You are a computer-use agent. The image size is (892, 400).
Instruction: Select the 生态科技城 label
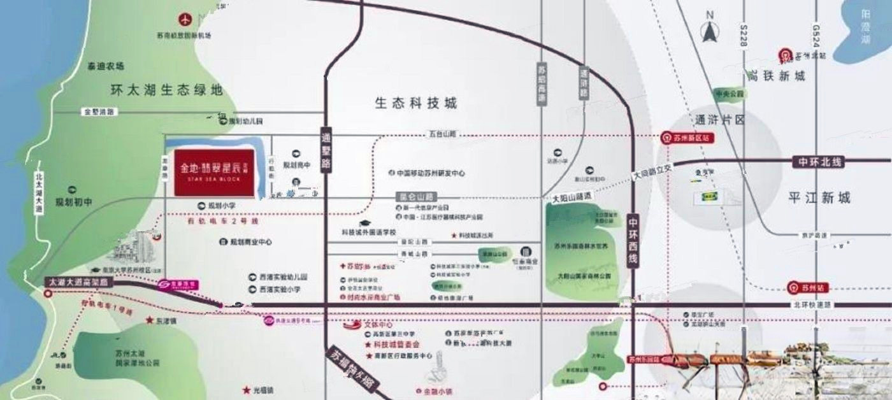416,103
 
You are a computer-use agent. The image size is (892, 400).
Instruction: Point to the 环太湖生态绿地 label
166,90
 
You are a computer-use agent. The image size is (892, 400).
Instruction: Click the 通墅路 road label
327,151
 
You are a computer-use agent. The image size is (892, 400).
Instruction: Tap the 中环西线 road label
633,242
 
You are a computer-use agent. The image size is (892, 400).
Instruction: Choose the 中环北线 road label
817,162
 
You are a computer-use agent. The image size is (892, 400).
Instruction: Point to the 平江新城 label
819,198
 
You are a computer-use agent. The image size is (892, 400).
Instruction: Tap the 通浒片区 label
721,120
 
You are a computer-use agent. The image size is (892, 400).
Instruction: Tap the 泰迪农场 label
106,66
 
